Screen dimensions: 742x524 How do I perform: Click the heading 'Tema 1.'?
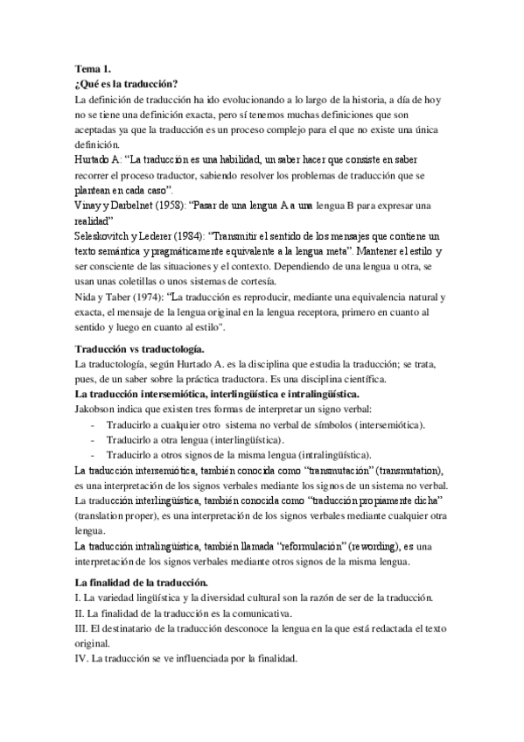click(x=94, y=69)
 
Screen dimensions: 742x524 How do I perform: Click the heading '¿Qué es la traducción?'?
click(x=128, y=84)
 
